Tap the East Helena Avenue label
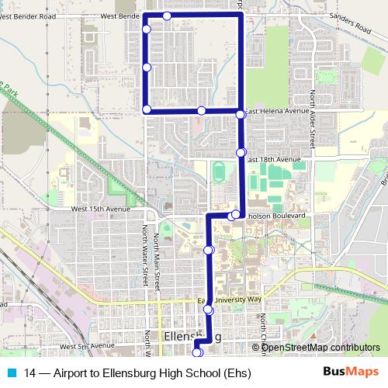(x=277, y=111)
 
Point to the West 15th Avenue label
(x=101, y=209)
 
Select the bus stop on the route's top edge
(x=168, y=16)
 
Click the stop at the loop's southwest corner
(x=147, y=109)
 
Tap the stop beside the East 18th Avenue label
(x=241, y=152)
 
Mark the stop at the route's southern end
(x=196, y=353)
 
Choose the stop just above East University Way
(x=208, y=310)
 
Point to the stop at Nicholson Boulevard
(x=235, y=214)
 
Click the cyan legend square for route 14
(x=10, y=372)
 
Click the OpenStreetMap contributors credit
(x=321, y=348)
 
